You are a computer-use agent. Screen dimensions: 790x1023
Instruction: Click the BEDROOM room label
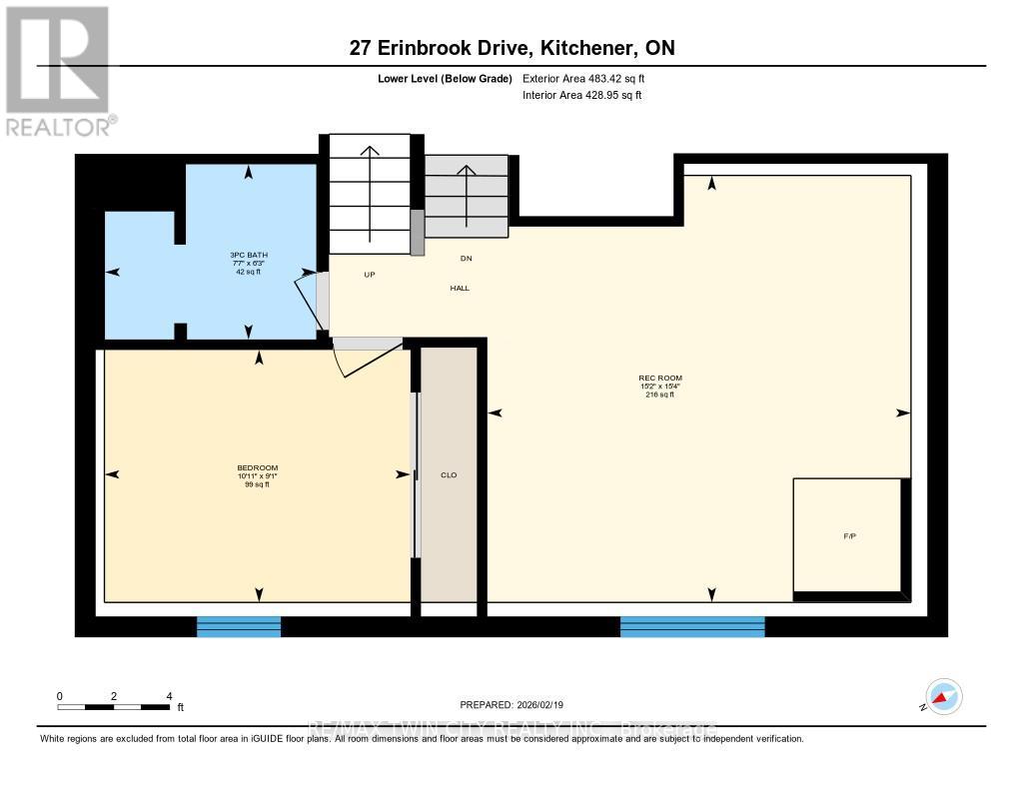[x=259, y=468]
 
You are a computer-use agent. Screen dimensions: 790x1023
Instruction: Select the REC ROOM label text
[x=659, y=379]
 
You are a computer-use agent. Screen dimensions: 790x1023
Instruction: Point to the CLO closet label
[x=449, y=475]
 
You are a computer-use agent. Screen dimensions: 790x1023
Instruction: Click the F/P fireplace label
[x=850, y=537]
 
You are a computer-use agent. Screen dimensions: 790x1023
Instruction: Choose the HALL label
[x=459, y=289]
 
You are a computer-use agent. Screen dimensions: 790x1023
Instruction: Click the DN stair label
[x=466, y=258]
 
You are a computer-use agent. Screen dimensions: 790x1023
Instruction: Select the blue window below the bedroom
[x=239, y=626]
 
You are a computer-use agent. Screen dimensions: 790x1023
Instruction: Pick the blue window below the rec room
[x=692, y=626]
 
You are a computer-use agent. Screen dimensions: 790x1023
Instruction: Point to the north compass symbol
[x=943, y=697]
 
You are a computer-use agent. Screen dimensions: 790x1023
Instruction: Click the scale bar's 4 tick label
[x=169, y=696]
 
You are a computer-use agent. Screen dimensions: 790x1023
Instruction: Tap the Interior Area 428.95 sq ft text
[x=582, y=96]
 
